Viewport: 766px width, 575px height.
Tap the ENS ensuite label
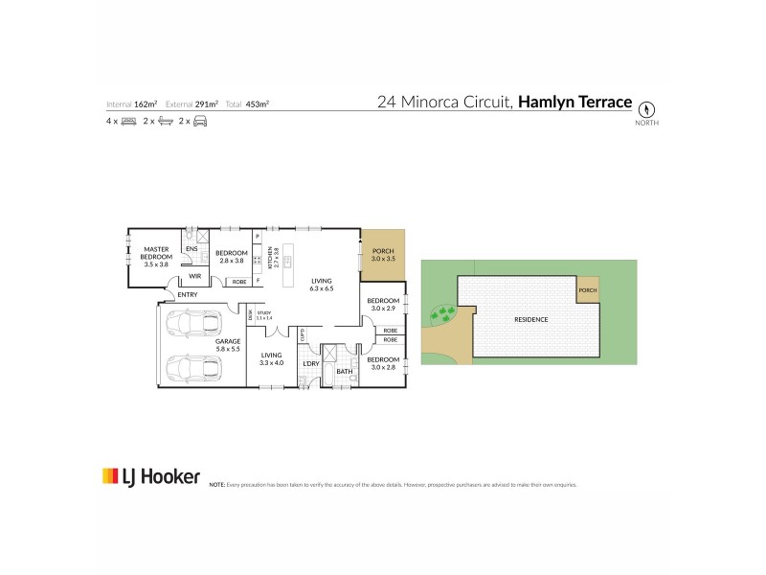click(x=191, y=248)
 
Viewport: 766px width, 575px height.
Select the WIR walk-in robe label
click(x=194, y=276)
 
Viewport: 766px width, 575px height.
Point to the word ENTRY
click(x=188, y=295)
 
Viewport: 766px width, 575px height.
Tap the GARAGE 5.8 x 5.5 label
click(x=227, y=345)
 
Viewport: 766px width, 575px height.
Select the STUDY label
click(x=264, y=313)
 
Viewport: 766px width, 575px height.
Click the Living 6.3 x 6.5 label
click(x=321, y=284)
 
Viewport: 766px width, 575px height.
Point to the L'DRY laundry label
click(x=309, y=364)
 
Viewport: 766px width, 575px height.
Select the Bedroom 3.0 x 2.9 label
click(x=383, y=306)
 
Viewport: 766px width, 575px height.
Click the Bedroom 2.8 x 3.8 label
click(x=233, y=256)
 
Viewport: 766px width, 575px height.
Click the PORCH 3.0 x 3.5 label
click(x=383, y=256)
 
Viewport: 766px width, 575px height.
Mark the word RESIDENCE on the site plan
click(x=531, y=318)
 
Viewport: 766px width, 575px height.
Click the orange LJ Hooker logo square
click(x=110, y=476)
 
